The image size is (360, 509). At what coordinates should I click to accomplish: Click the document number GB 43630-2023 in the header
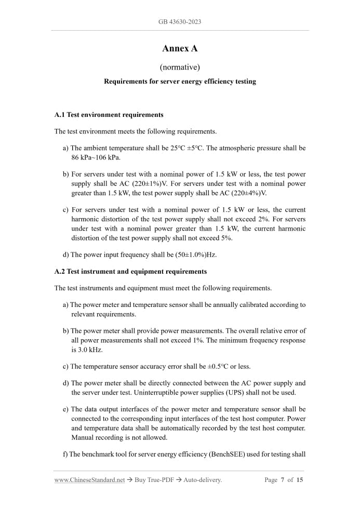(180, 22)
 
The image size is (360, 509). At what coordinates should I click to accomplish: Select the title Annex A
(180, 49)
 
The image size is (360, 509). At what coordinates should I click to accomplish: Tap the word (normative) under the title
(180, 67)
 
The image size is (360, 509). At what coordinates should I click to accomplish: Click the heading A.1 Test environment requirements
(109, 115)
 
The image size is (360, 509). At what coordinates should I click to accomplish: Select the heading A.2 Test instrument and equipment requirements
(130, 272)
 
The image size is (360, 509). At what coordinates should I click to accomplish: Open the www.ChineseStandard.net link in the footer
(89, 480)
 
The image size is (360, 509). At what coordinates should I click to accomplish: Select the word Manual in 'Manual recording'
(84, 437)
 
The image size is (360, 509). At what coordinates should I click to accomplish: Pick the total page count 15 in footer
(300, 480)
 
